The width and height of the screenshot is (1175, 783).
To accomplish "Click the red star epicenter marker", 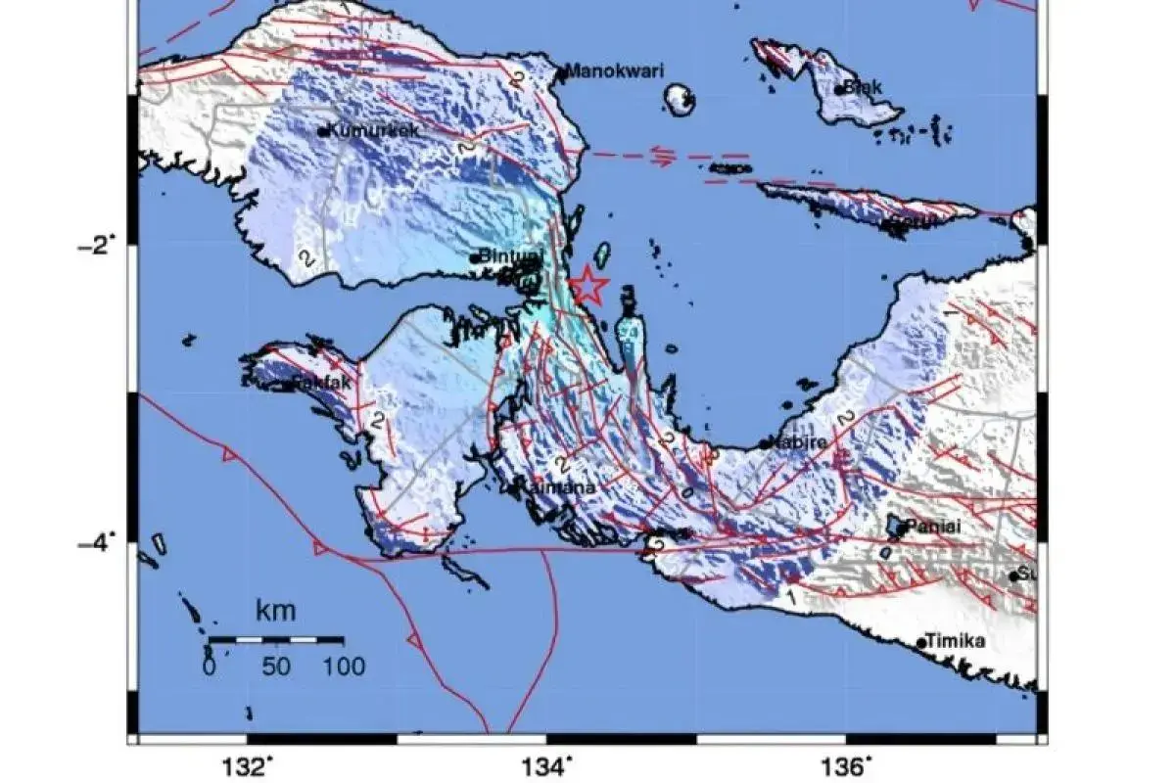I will pyautogui.click(x=588, y=287).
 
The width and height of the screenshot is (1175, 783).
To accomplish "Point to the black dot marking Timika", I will pyautogui.click(x=921, y=643).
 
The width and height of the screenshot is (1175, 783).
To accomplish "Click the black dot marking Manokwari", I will pyautogui.click(x=561, y=71).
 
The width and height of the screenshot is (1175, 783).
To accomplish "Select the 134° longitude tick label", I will pyautogui.click(x=549, y=764).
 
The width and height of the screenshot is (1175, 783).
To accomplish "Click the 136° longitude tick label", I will pyautogui.click(x=848, y=764).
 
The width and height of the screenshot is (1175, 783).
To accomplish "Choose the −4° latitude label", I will pyautogui.click(x=97, y=540).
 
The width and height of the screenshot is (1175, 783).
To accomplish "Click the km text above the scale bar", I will pyautogui.click(x=275, y=613).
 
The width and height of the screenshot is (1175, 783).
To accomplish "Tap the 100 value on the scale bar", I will pyautogui.click(x=342, y=668).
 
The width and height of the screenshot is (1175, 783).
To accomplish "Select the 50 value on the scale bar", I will pyautogui.click(x=276, y=668).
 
